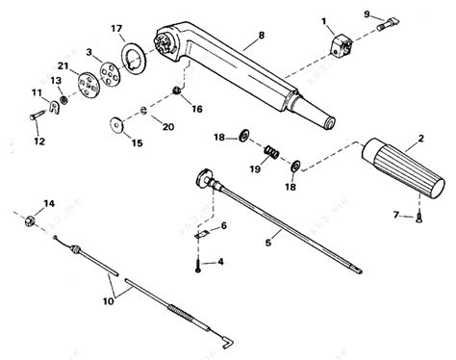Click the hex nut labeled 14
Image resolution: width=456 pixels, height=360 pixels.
coord(30,247)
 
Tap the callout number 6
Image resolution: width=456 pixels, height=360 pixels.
coord(224,224)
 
